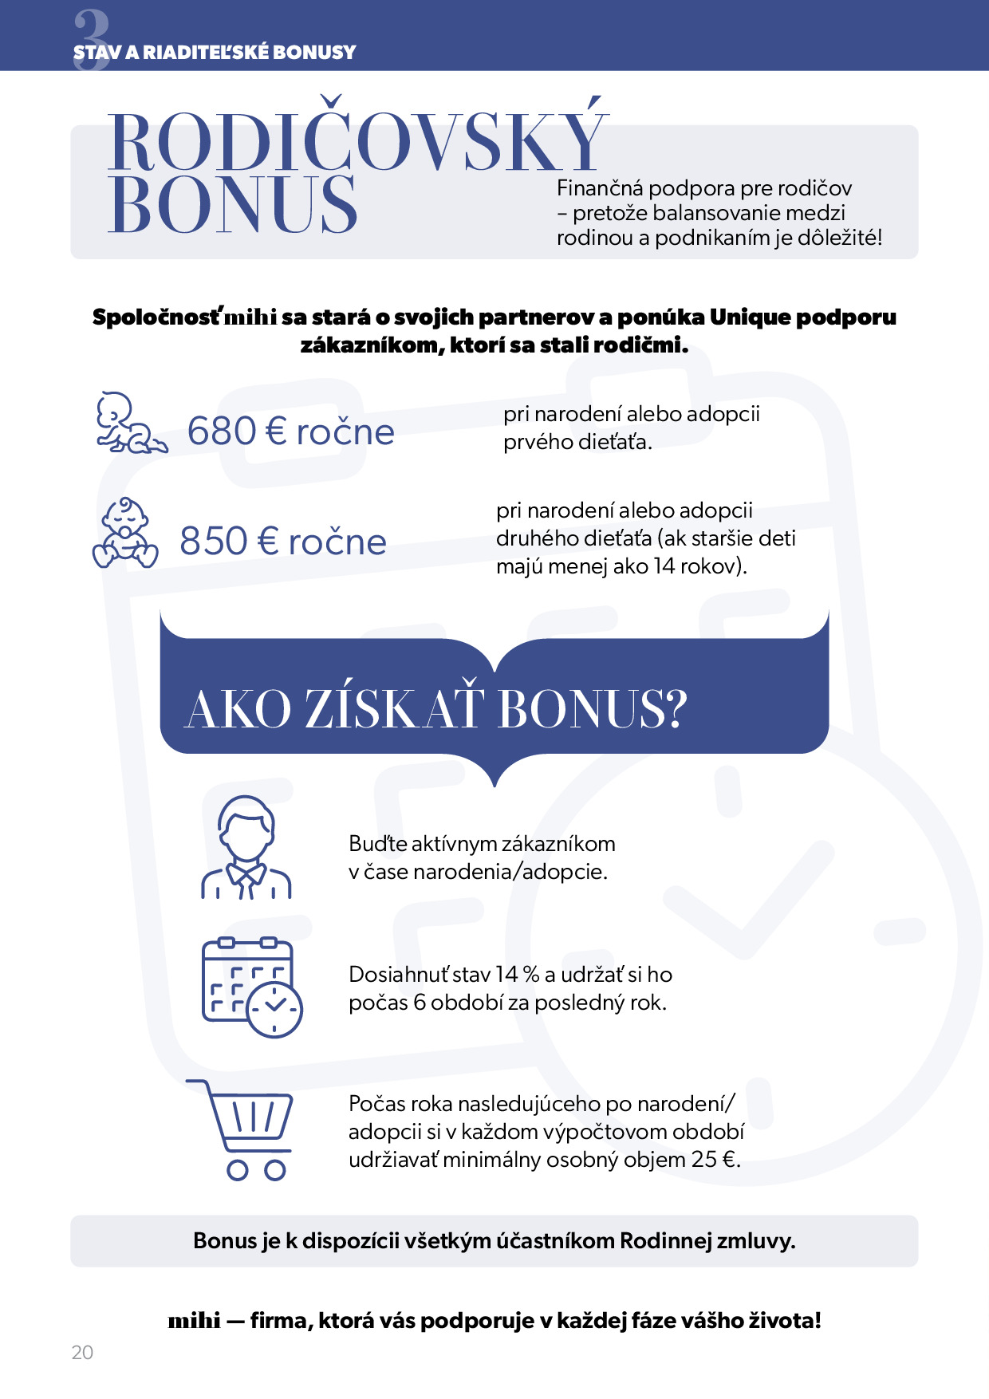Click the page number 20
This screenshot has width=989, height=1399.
82,1352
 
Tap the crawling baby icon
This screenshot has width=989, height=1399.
130,424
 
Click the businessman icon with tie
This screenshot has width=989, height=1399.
246,848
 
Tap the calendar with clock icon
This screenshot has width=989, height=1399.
251,987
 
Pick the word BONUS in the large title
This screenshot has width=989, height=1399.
232,206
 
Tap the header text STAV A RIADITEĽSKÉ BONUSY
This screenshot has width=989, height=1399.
215,53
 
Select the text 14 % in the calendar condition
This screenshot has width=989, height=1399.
517,975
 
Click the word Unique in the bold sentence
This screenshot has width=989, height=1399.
749,317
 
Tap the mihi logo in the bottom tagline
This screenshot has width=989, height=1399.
194,1321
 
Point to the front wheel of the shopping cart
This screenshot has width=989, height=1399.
275,1170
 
